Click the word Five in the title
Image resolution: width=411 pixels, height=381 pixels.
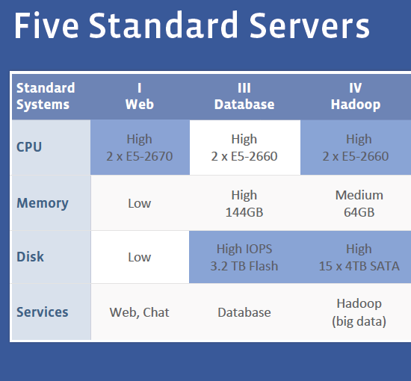tap(46, 25)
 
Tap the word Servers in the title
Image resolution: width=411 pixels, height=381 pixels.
tap(309, 25)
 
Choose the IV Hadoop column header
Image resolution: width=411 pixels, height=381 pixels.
tap(356, 96)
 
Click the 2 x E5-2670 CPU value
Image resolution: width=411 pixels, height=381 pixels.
tap(140, 156)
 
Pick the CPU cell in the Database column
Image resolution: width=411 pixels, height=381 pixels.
tap(245, 147)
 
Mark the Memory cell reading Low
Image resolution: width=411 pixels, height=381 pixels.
tap(140, 203)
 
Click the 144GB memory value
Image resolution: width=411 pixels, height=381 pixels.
tap(244, 212)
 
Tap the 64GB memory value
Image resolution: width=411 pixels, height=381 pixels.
tap(359, 212)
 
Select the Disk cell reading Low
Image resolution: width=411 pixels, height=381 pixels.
tap(140, 257)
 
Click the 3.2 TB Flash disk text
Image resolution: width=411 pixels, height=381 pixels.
tap(244, 266)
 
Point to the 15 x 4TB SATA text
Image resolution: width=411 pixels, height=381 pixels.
tap(359, 266)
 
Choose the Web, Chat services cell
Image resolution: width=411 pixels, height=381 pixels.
tap(140, 312)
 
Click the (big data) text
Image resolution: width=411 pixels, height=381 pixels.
tap(359, 321)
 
